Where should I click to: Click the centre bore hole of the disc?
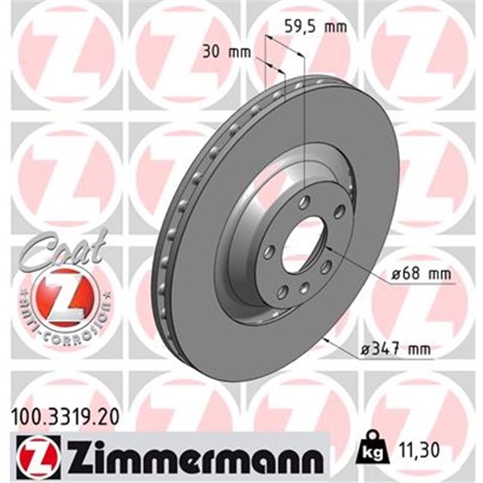303,242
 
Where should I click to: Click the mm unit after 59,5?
334,26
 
